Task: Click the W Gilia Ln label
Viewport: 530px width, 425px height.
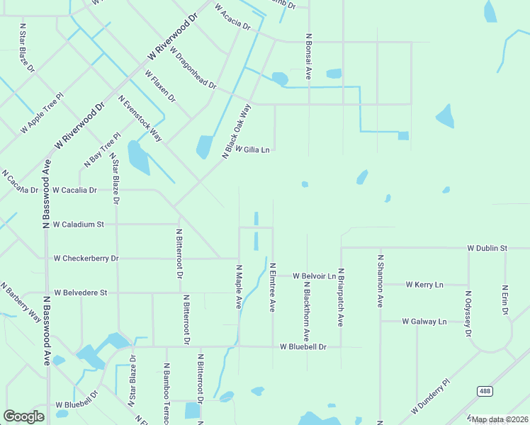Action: pos(253,149)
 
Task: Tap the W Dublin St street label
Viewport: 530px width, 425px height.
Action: pos(488,249)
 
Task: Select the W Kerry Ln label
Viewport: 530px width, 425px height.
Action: pos(424,284)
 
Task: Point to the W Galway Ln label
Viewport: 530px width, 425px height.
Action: pos(424,321)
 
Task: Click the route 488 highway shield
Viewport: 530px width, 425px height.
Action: pos(485,391)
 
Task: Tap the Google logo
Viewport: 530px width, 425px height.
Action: pos(24,416)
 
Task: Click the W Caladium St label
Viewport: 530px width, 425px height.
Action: pos(78,224)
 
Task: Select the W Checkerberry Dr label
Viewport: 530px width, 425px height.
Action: pos(86,259)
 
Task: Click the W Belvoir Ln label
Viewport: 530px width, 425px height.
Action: pos(315,276)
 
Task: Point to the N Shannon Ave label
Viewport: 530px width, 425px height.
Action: pos(380,280)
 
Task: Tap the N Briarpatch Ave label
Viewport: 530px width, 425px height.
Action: pos(341,297)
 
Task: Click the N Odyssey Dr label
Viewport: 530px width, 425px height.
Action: pos(468,313)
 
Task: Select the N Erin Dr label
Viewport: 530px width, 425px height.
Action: pos(504,300)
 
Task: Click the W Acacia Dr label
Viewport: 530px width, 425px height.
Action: pos(232,17)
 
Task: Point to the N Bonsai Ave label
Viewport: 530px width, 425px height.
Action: pos(308,55)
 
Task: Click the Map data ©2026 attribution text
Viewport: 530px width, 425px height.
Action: pos(500,419)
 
